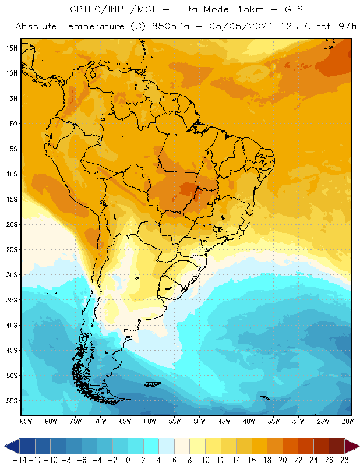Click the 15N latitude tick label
point(12,48)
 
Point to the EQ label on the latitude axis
point(13,123)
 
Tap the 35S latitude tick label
point(12,299)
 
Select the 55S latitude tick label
point(12,400)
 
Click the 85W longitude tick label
point(26,421)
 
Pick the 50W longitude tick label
point(200,421)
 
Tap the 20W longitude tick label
point(348,421)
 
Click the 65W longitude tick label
point(125,421)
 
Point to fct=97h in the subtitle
point(335,27)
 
